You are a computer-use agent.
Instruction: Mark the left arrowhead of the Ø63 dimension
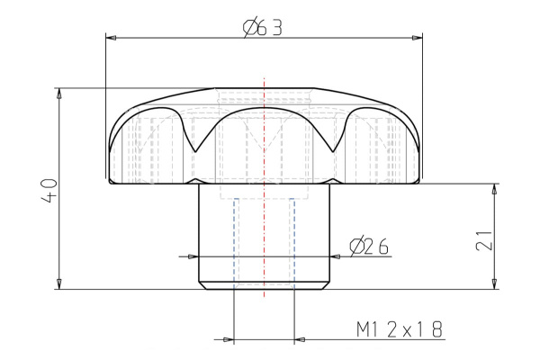point(112,38)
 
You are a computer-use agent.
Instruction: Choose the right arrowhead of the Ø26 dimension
point(336,256)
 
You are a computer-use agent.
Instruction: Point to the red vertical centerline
point(263,234)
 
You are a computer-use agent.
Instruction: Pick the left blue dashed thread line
point(234,243)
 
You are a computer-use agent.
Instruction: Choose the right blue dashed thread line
point(292,243)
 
